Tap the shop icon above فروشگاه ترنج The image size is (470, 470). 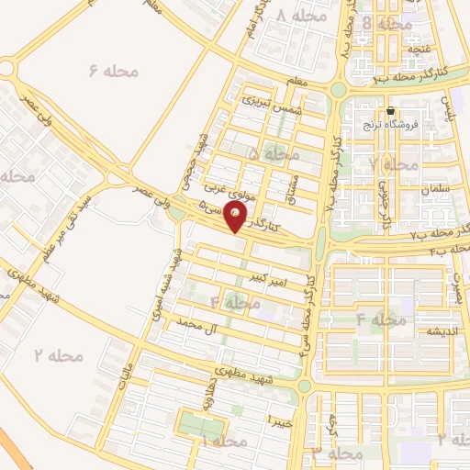[x=390, y=111]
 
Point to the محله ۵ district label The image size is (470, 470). [x=266, y=153]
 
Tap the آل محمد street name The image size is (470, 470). [x=201, y=325]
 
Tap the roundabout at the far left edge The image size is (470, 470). [x=7, y=68]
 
